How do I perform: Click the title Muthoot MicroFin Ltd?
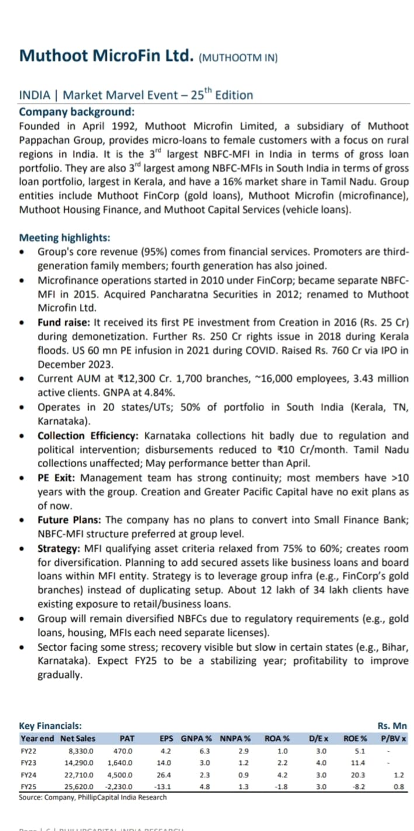(106, 56)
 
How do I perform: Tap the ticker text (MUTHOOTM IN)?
(238, 58)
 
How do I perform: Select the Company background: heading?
(76, 112)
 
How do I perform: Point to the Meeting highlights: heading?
(64, 238)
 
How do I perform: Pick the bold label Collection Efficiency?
(89, 436)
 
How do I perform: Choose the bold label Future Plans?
(70, 520)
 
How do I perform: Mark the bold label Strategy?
(58, 548)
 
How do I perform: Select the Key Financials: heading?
(50, 726)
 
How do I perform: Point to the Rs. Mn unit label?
(392, 726)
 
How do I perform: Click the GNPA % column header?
(196, 738)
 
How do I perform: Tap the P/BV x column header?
(394, 738)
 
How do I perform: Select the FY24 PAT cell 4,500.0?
(120, 775)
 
